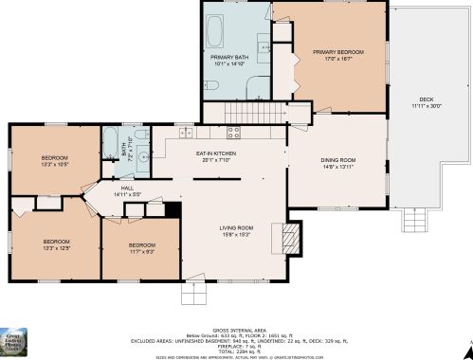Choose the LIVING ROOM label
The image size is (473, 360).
(x=237, y=227)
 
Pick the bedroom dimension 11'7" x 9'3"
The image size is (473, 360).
(x=141, y=252)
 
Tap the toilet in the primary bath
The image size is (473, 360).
(x=210, y=86)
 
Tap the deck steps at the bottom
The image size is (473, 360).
(x=416, y=222)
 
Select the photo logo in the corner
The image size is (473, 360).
(x=17, y=342)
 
